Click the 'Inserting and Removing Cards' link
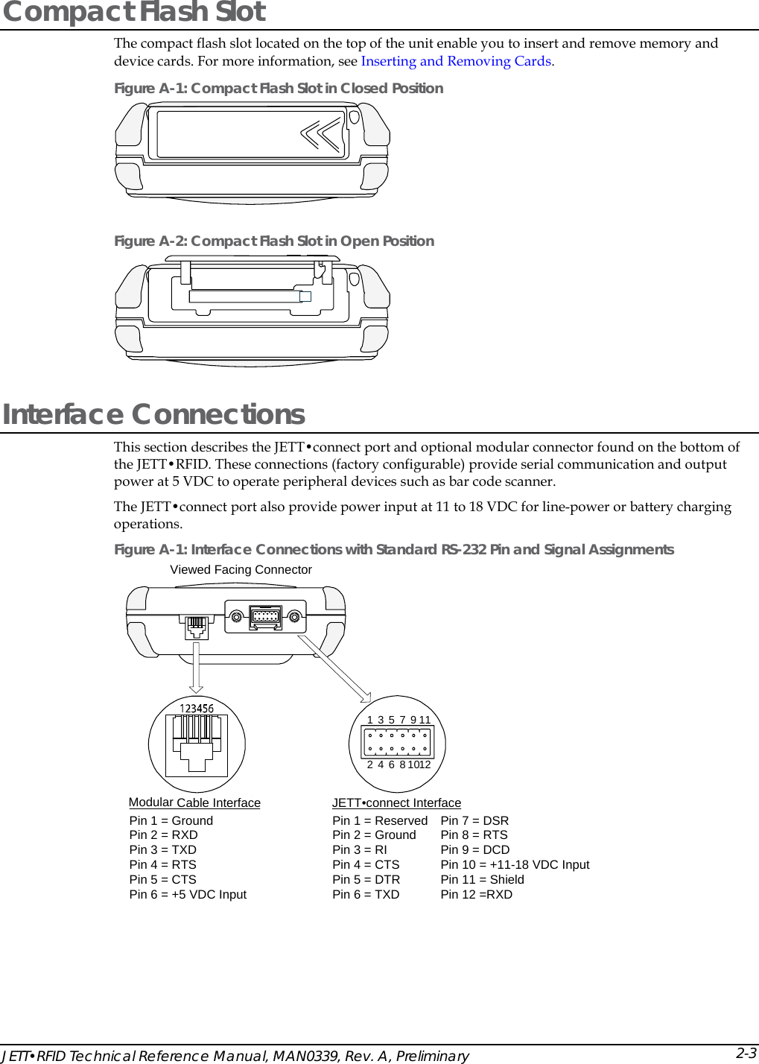[x=456, y=61]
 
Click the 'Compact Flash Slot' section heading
[x=134, y=12]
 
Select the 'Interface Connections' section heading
[x=153, y=414]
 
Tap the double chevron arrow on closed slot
[x=320, y=136]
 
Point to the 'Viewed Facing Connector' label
[x=241, y=569]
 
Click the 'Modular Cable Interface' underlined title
[x=194, y=802]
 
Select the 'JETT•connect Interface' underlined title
[x=396, y=802]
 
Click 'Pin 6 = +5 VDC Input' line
[x=188, y=894]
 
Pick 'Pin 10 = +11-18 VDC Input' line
[x=515, y=864]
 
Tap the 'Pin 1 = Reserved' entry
[x=380, y=820]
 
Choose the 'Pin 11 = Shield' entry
[x=482, y=879]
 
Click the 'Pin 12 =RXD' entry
[x=476, y=894]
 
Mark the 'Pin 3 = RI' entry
[x=359, y=849]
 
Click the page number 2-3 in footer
[x=746, y=1053]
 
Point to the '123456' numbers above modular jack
[x=197, y=708]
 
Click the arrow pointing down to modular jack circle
[x=196, y=668]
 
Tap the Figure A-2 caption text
[x=274, y=241]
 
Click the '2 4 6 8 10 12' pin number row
[x=398, y=764]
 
